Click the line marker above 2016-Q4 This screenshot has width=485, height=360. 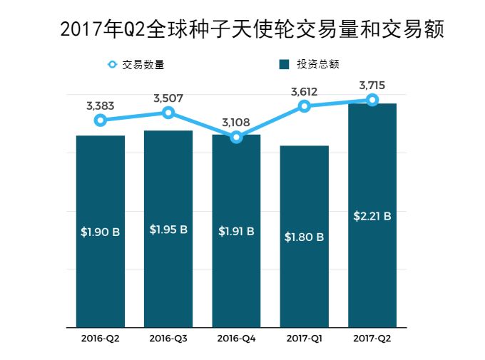(237, 137)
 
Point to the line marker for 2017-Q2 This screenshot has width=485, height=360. (372, 100)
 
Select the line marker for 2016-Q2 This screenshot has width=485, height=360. (101, 120)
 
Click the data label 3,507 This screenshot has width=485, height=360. (168, 98)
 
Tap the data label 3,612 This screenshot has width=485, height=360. (305, 91)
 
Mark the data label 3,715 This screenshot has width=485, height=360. (372, 86)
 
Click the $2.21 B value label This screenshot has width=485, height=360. (372, 216)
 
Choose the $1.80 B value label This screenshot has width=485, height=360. (305, 237)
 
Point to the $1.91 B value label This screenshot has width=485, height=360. (237, 231)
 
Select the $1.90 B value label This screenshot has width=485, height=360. (101, 232)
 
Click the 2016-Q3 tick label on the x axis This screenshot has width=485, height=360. (168, 338)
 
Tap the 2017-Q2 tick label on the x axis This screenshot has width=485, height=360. (372, 338)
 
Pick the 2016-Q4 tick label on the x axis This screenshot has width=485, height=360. (237, 338)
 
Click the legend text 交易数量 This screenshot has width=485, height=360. (143, 65)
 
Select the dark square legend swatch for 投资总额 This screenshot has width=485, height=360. (284, 65)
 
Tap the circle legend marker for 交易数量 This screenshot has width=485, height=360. (112, 65)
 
